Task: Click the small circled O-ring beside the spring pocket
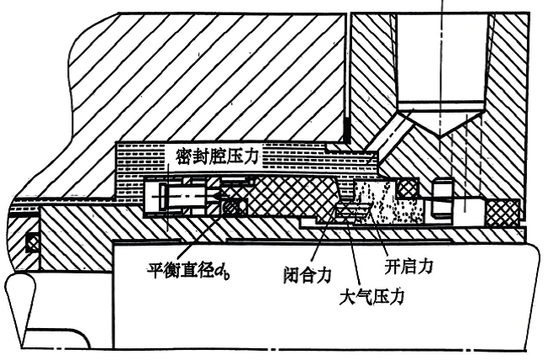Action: pyautogui.click(x=236, y=204)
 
